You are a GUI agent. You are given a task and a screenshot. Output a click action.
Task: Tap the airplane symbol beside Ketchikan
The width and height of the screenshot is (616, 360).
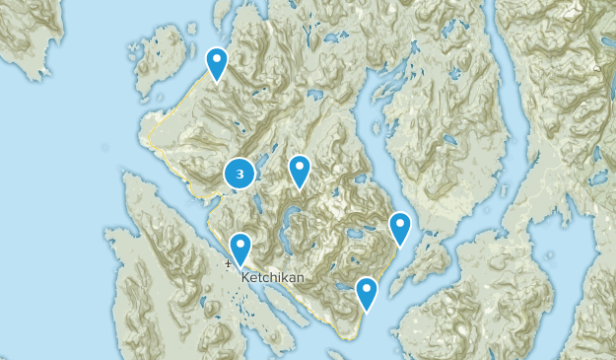click(228, 264)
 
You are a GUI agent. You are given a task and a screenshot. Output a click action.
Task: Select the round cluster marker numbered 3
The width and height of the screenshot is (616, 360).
click(240, 174)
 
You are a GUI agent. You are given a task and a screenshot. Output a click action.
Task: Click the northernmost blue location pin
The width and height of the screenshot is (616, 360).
click(216, 63)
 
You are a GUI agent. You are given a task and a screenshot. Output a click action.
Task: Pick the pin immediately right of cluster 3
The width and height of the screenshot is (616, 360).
click(300, 171)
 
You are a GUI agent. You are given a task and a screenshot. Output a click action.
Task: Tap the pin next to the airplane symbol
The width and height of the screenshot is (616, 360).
click(240, 249)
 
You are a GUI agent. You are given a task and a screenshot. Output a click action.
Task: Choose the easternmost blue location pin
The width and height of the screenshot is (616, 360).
click(399, 228)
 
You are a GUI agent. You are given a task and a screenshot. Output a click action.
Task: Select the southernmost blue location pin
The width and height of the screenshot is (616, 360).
click(366, 293)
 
